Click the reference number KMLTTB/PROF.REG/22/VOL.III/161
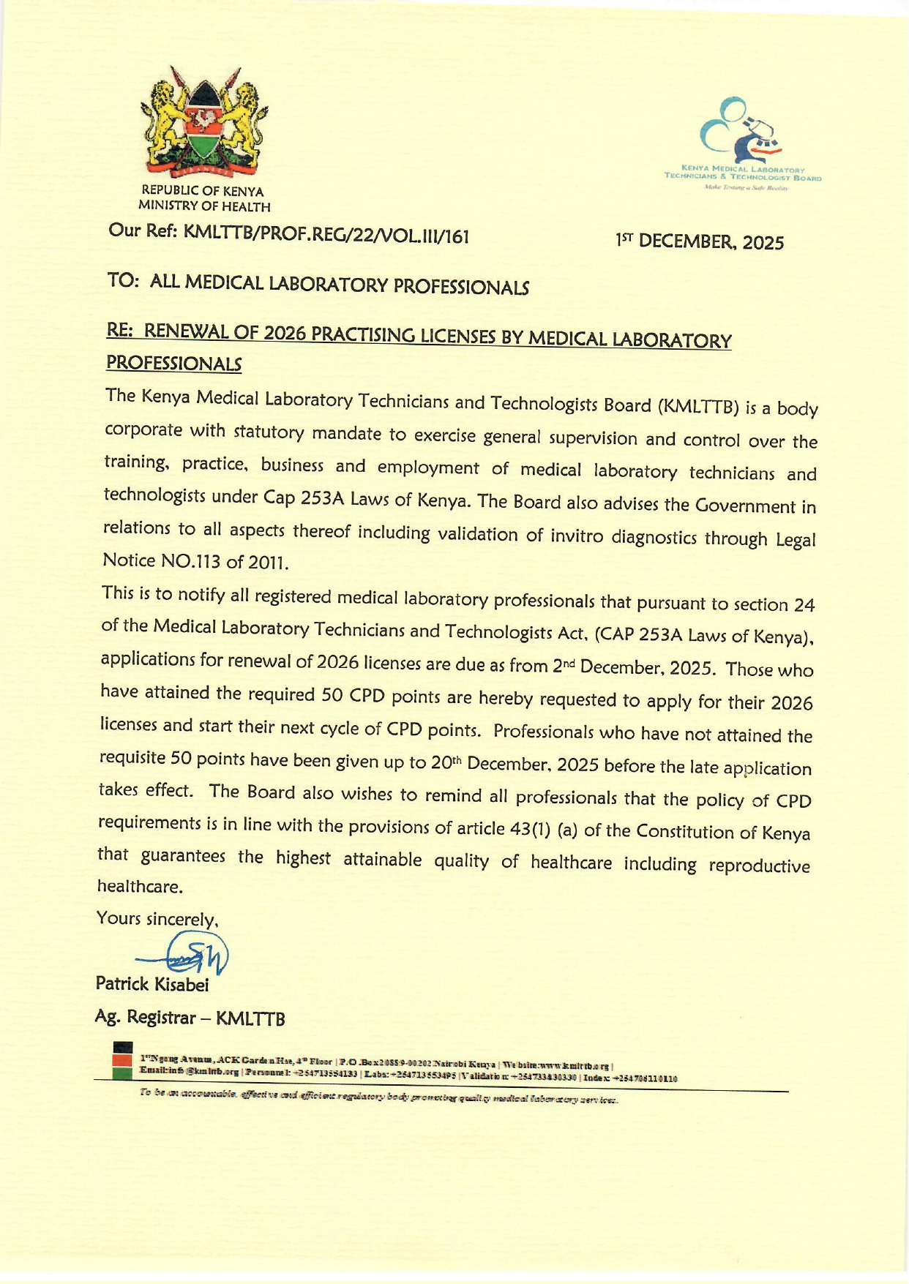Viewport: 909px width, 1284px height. (x=326, y=235)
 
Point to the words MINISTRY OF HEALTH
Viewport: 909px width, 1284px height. (x=205, y=207)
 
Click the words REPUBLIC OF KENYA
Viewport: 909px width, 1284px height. (x=203, y=192)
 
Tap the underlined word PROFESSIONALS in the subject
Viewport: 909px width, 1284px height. (x=173, y=363)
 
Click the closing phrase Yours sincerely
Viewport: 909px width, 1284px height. (x=157, y=919)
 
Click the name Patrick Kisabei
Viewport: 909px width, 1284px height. (x=152, y=984)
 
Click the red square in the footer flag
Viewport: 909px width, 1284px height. (x=122, y=1060)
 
